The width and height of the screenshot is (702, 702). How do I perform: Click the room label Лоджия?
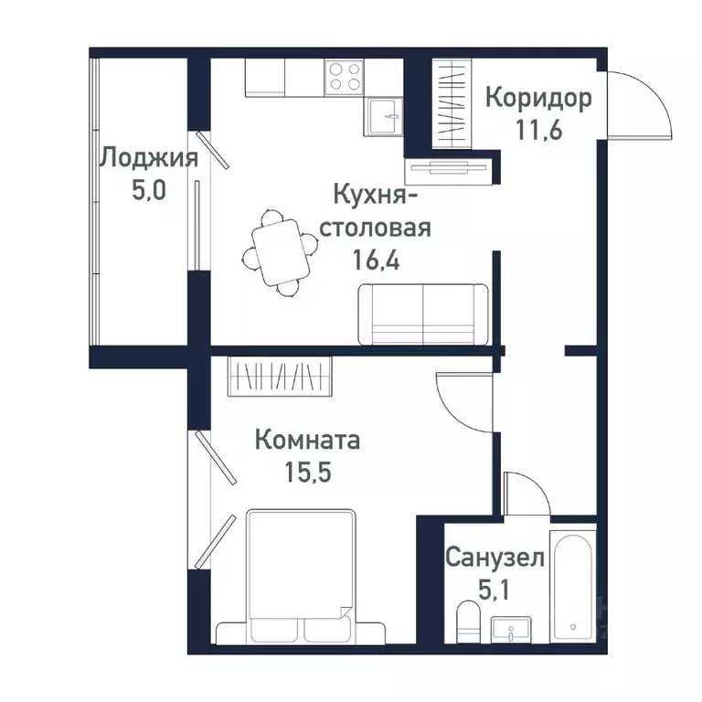148,158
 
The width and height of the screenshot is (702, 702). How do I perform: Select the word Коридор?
538,97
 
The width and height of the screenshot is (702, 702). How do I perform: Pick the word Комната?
307,441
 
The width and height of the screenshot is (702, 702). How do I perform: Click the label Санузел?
495,557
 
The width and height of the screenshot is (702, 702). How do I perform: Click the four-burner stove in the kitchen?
344,76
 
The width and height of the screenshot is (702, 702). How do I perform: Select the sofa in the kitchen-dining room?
422,313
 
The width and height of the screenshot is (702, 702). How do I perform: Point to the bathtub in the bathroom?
573,584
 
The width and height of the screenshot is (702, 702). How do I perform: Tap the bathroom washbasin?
514,630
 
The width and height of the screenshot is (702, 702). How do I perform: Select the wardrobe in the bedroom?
280,375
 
